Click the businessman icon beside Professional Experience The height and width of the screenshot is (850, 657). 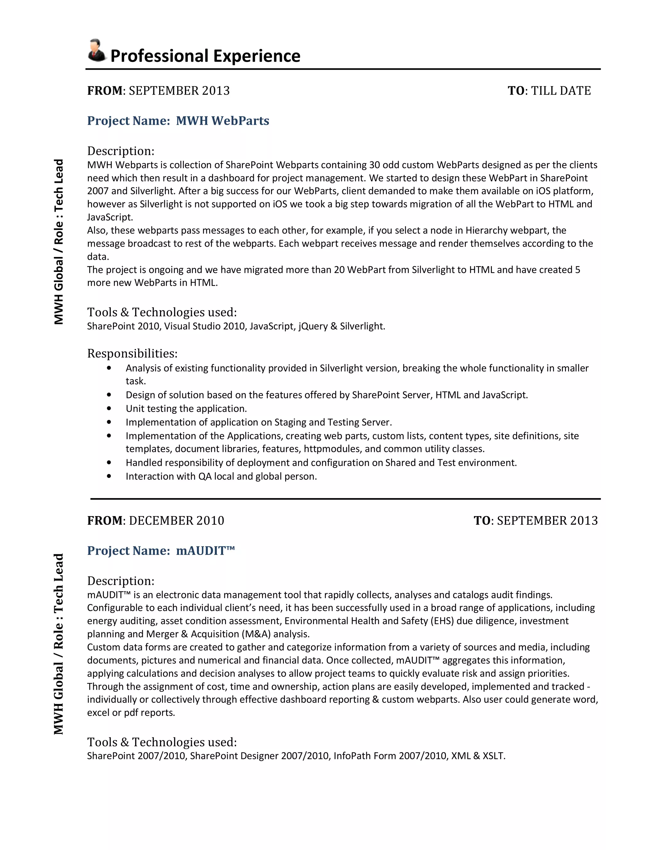click(97, 51)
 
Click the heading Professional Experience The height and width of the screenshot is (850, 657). click(205, 56)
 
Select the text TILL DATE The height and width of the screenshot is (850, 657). click(561, 91)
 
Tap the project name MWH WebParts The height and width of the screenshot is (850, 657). click(222, 121)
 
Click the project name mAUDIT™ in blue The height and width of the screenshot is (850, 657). click(205, 551)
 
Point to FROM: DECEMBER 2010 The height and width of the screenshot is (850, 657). click(156, 521)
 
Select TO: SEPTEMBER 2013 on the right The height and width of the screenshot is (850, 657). click(535, 521)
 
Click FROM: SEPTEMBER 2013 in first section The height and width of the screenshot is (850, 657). click(158, 91)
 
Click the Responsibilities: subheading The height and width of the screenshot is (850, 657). click(132, 353)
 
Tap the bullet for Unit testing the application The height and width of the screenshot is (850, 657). click(109, 409)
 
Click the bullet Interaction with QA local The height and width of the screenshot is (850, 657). click(109, 476)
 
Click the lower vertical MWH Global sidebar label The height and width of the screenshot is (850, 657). click(58, 644)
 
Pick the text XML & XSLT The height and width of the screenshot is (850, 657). click(478, 756)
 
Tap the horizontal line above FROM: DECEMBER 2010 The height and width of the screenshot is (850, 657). click(345, 498)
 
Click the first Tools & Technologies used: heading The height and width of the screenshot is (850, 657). click(162, 312)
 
